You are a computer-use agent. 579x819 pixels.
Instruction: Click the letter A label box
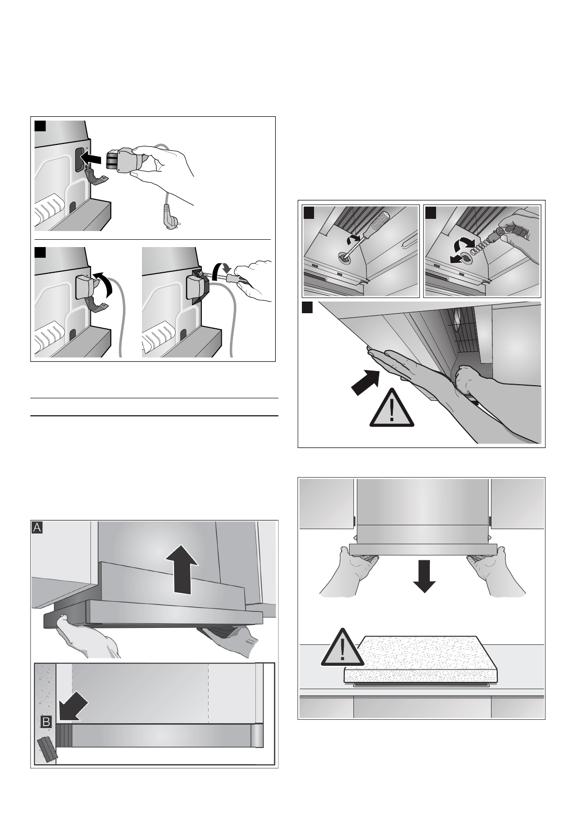pyautogui.click(x=37, y=528)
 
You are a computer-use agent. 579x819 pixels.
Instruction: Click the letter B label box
pyautogui.click(x=46, y=722)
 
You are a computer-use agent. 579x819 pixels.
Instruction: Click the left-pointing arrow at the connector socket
pyautogui.click(x=92, y=158)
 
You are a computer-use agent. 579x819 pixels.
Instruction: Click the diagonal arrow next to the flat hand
pyautogui.click(x=365, y=382)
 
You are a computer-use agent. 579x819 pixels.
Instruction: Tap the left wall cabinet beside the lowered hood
pyautogui.click(x=326, y=503)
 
